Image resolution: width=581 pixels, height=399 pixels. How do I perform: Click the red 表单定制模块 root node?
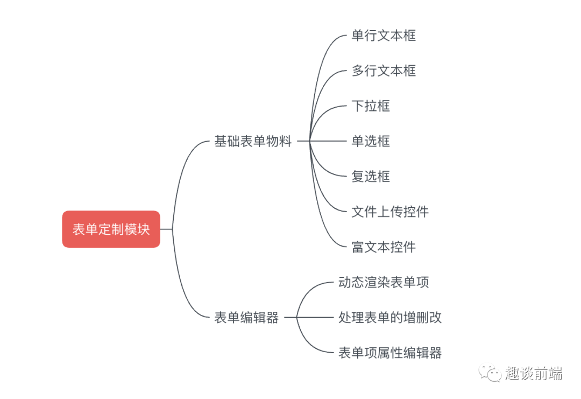click(111, 229)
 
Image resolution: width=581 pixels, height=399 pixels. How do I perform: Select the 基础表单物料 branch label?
click(253, 141)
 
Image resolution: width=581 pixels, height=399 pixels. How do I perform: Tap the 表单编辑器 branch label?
click(246, 318)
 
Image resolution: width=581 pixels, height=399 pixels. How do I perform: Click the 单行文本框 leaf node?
click(384, 36)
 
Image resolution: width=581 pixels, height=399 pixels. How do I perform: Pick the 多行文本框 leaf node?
click(384, 71)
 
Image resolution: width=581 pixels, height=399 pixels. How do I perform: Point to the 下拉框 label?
click(371, 106)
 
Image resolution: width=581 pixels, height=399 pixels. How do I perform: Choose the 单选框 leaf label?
click(371, 141)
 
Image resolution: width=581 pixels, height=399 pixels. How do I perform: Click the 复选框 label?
click(371, 176)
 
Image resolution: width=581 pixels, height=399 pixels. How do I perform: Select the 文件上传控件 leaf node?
click(390, 212)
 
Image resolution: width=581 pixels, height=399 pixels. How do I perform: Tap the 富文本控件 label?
click(384, 247)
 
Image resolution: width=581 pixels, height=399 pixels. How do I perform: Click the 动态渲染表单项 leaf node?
click(384, 282)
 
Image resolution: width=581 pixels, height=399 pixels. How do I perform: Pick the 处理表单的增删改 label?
click(390, 318)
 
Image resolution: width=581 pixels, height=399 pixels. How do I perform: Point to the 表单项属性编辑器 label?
click(390, 353)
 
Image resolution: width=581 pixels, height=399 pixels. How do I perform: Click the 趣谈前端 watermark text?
click(534, 373)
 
